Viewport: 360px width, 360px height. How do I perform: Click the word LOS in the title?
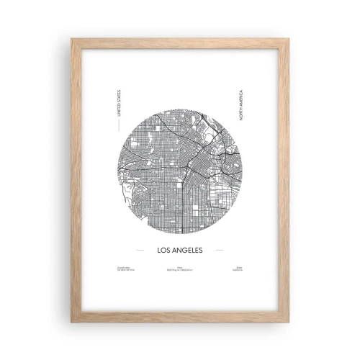(162, 251)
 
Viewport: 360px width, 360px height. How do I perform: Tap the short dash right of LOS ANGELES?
(219, 251)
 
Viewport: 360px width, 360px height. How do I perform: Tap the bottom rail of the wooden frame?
(180, 316)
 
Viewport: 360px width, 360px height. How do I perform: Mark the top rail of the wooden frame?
(180, 42)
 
